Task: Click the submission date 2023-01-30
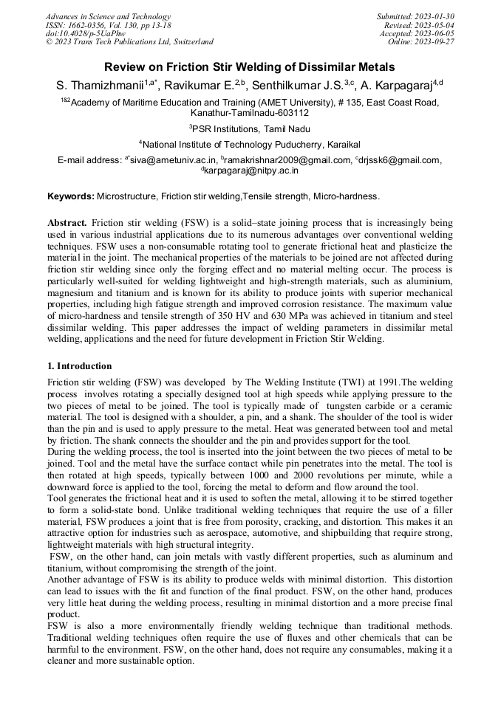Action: (435, 16)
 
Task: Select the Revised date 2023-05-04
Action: (435, 25)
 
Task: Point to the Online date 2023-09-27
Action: (435, 42)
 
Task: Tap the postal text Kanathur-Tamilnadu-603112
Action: (250, 113)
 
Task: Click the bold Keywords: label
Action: (71, 196)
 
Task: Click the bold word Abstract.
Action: (67, 222)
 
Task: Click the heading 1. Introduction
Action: (80, 366)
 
